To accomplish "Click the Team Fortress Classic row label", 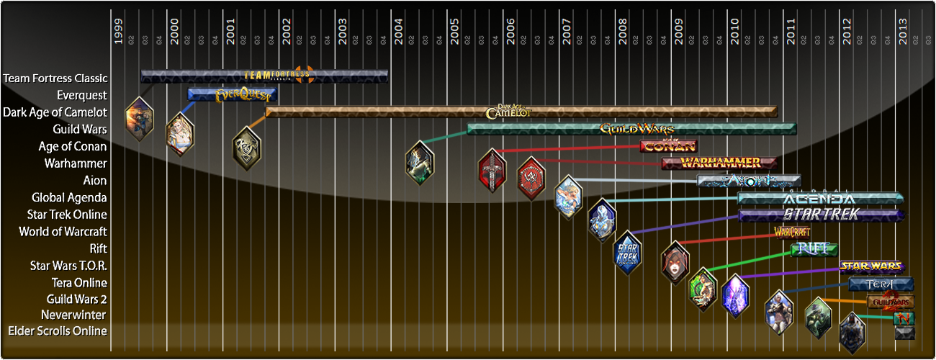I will pyautogui.click(x=55, y=78).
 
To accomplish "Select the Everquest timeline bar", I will pyautogui.click(x=232, y=94).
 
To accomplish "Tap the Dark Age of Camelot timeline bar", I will pyautogui.click(x=521, y=112).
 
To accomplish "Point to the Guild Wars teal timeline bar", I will pyautogui.click(x=631, y=129).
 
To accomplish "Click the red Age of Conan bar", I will pyautogui.click(x=669, y=146).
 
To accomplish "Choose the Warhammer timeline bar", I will pyautogui.click(x=719, y=163).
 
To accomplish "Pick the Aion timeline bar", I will pyautogui.click(x=749, y=180).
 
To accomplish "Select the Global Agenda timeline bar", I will pyautogui.click(x=820, y=198).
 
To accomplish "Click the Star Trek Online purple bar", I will pyautogui.click(x=820, y=215).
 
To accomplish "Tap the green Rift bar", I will pyautogui.click(x=814, y=249).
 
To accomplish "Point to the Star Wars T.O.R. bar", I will pyautogui.click(x=871, y=266).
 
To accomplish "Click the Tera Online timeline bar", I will pyautogui.click(x=881, y=284).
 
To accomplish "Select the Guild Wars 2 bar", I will pyautogui.click(x=891, y=301).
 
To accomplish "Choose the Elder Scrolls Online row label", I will pyautogui.click(x=58, y=331).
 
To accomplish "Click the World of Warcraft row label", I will pyautogui.click(x=63, y=232).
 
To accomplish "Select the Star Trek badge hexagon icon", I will pyautogui.click(x=627, y=253).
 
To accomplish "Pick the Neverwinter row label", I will pyautogui.click(x=73, y=315).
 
